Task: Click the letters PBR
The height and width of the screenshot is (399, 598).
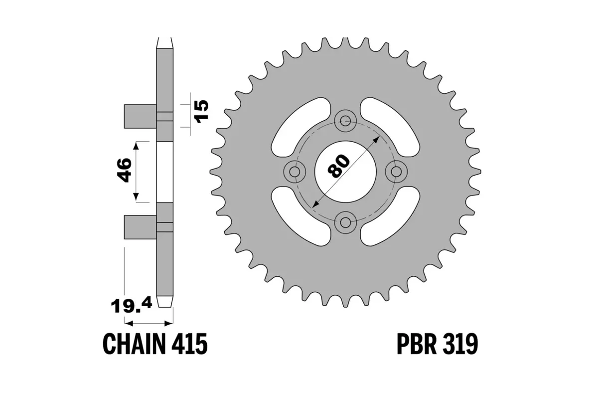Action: [x=417, y=344]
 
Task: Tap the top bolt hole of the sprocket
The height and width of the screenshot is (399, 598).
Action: [x=345, y=119]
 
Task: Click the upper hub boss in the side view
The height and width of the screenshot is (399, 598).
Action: [x=140, y=116]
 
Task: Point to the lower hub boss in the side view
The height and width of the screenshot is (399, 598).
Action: [x=140, y=226]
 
